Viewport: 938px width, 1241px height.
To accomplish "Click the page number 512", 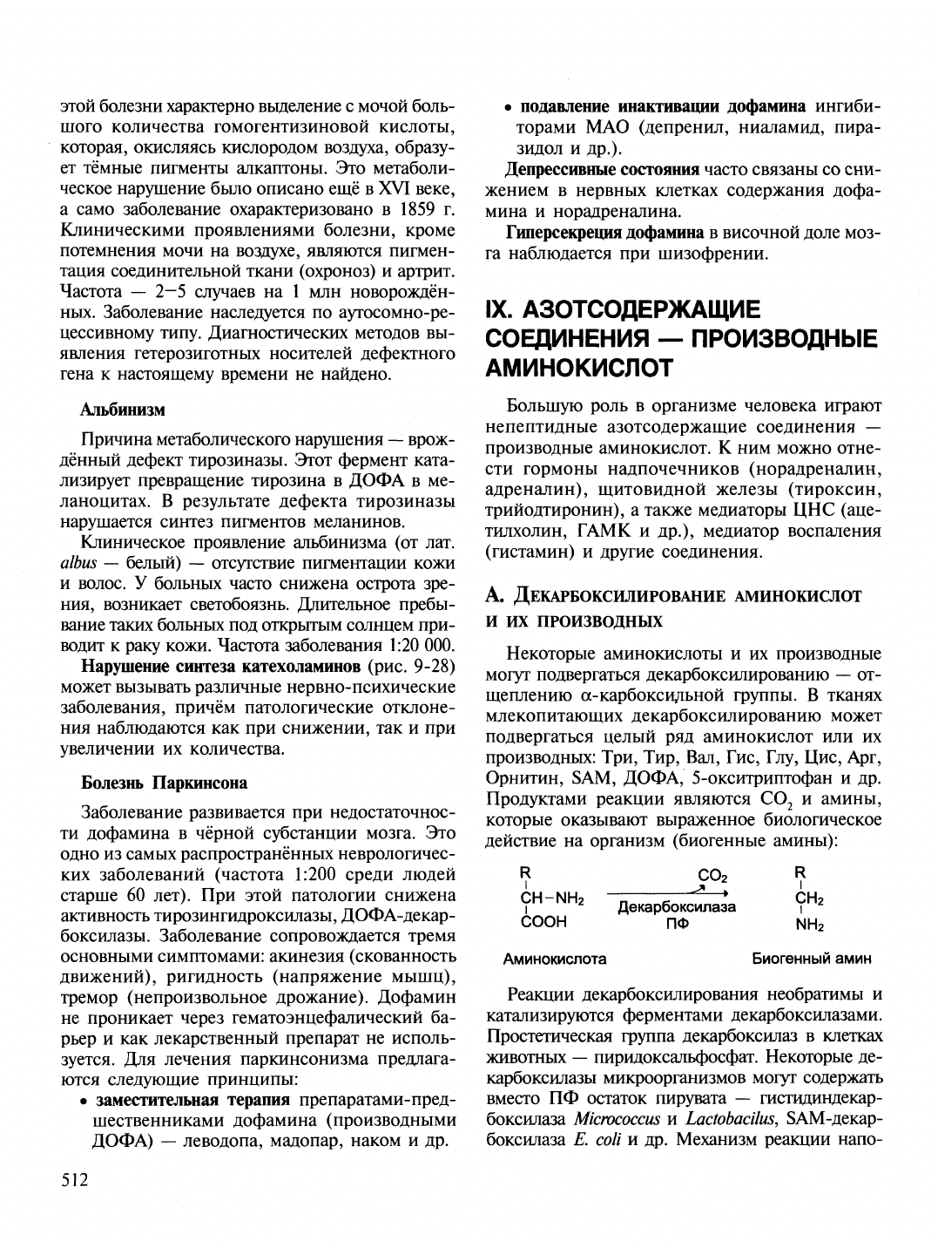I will [x=76, y=1180].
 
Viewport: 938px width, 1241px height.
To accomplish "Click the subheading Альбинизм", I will [x=124, y=408].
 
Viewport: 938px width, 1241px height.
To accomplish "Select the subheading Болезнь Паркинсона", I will [x=164, y=782].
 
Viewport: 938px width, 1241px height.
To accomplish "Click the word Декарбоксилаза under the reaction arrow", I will [x=677, y=906].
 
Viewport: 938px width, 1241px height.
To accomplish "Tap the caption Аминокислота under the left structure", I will [x=555, y=958].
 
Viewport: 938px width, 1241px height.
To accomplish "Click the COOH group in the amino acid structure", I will [x=543, y=921].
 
